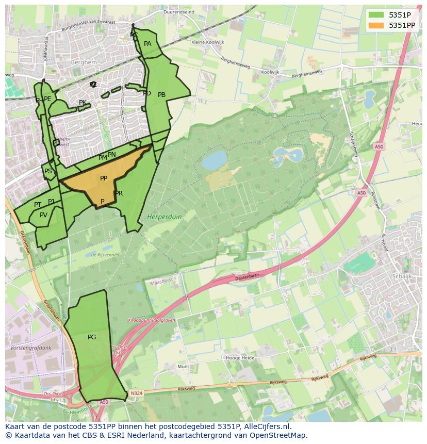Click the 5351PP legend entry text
(x=402, y=25)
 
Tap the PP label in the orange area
(x=104, y=178)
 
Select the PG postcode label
(x=92, y=337)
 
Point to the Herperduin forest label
(x=165, y=217)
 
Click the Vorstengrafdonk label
(x=30, y=348)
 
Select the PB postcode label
(x=161, y=95)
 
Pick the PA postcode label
(x=147, y=44)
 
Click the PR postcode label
(x=119, y=193)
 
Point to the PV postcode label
(x=43, y=215)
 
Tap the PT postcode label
(x=38, y=205)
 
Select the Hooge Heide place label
(x=240, y=357)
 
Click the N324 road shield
(x=136, y=393)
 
